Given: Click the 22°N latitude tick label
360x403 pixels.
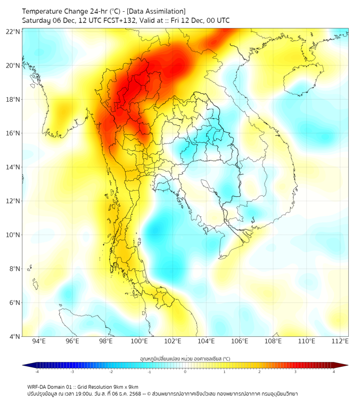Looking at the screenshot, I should tap(13, 32).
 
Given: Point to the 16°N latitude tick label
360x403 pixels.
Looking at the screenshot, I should tap(13, 133).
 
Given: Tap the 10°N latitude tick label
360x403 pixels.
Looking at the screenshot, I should tap(13, 235).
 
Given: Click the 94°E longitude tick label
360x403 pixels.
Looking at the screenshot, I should tap(39, 341).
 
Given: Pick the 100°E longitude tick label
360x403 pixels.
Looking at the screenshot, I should tap(139, 341).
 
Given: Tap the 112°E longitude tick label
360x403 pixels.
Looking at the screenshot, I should tap(340, 341).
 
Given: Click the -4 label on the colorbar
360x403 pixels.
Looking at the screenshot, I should tap(37, 372).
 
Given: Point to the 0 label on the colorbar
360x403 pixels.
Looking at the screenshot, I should tap(185, 372).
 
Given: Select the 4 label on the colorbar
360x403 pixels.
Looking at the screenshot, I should tap(334, 372).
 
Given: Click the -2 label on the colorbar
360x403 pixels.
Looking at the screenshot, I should tap(111, 372).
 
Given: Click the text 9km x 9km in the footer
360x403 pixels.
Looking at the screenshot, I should tap(123, 386).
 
